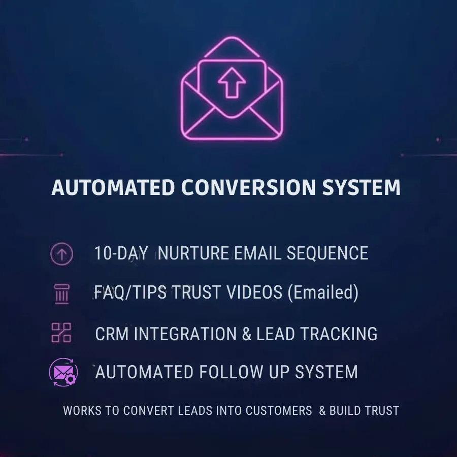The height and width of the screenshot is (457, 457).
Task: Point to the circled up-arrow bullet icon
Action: [61, 253]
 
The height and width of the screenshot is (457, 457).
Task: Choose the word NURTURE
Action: [193, 253]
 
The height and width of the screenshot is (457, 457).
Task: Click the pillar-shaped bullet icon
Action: [61, 294]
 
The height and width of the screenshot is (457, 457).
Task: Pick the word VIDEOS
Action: [254, 292]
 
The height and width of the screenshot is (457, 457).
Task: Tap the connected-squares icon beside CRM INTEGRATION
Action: [61, 333]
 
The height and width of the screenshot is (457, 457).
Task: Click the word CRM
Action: [112, 334]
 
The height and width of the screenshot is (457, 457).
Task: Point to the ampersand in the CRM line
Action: [246, 334]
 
